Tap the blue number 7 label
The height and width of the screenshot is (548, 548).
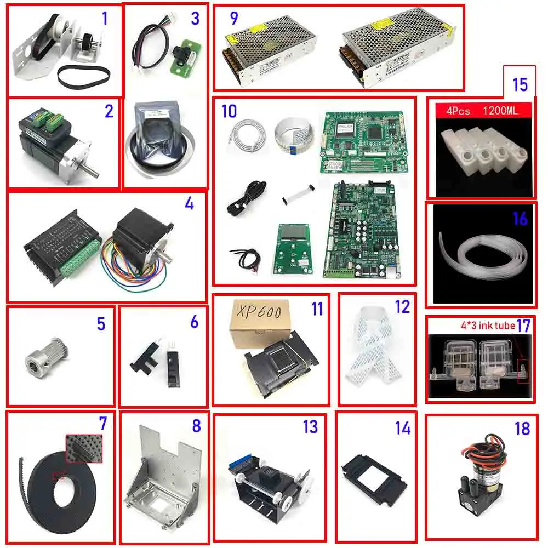(x=102, y=424)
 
